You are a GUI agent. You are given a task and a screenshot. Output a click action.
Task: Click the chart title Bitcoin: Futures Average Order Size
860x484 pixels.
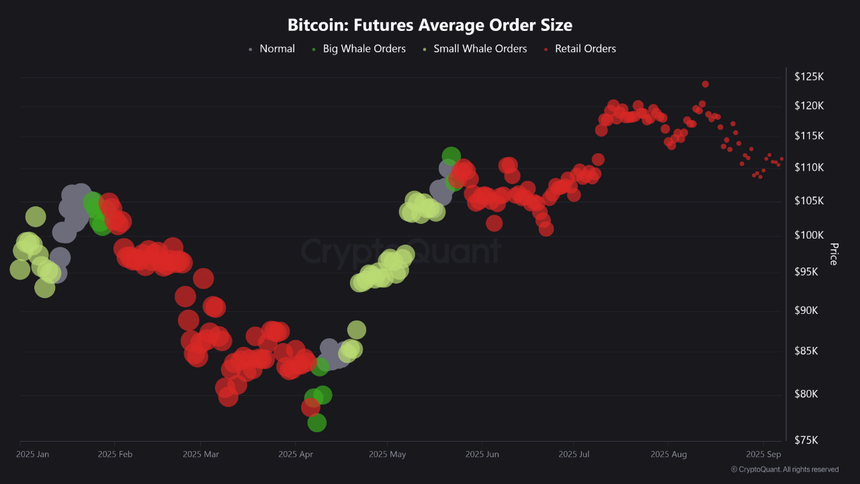tap(430, 26)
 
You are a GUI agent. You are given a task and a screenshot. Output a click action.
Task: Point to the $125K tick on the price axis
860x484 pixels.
tap(809, 77)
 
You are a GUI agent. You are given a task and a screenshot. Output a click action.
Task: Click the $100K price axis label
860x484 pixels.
tap(809, 235)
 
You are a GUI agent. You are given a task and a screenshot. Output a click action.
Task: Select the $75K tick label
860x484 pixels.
tap(809, 440)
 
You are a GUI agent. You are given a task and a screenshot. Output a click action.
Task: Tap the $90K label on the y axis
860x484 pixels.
tap(809, 311)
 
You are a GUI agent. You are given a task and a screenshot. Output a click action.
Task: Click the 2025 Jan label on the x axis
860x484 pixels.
tap(33, 454)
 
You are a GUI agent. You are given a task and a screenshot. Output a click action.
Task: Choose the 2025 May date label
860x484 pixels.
tap(387, 454)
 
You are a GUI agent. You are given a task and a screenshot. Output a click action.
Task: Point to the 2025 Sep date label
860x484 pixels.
tap(763, 454)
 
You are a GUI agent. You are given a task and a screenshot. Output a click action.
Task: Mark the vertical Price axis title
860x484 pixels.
tap(834, 254)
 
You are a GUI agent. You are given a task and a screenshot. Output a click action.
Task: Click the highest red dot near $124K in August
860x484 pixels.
tap(705, 84)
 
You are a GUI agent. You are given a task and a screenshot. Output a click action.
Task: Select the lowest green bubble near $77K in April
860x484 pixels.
tap(316, 423)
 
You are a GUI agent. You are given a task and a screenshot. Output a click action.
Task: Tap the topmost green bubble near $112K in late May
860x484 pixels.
tap(451, 156)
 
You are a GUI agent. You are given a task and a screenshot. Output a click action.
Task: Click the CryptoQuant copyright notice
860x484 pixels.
tap(784, 469)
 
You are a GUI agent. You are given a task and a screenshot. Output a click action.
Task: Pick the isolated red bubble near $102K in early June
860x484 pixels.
tap(494, 223)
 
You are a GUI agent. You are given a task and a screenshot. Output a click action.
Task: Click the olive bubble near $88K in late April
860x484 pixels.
tap(356, 329)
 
